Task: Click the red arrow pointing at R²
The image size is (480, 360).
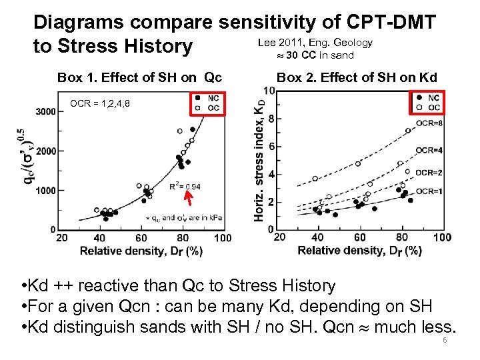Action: pyautogui.click(x=189, y=197)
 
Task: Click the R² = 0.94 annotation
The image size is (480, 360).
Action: pyautogui.click(x=184, y=187)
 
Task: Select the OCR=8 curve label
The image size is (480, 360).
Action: pyautogui.click(x=428, y=123)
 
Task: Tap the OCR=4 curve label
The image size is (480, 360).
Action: pyautogui.click(x=429, y=151)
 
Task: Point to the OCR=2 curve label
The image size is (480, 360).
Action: pyautogui.click(x=429, y=173)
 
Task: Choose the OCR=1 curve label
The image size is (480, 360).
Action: pyautogui.click(x=429, y=191)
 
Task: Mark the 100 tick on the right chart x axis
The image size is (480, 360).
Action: pyautogui.click(x=441, y=238)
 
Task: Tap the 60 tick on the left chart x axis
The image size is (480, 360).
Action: pyautogui.click(x=141, y=238)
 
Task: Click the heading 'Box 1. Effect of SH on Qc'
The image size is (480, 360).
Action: pyautogui.click(x=139, y=77)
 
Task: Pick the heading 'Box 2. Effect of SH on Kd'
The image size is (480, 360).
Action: pyautogui.click(x=357, y=77)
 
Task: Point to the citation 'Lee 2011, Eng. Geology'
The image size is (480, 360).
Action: pyautogui.click(x=315, y=43)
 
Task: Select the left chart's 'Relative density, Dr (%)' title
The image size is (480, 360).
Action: pyautogui.click(x=141, y=251)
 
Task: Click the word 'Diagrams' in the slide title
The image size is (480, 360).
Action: pyautogui.click(x=79, y=23)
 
